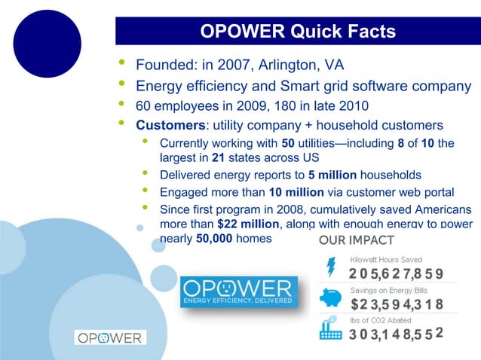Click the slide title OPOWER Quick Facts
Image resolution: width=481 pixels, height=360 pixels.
[297, 31]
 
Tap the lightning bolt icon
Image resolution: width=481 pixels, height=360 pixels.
[331, 268]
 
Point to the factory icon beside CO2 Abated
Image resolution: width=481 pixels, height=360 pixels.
[331, 330]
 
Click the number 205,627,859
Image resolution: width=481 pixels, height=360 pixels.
[396, 273]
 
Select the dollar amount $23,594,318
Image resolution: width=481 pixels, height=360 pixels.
[396, 304]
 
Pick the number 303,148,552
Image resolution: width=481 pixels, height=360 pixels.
[396, 334]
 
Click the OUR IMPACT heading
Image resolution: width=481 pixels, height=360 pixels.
[356, 241]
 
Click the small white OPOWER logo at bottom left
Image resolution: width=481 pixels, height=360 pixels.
[110, 338]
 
